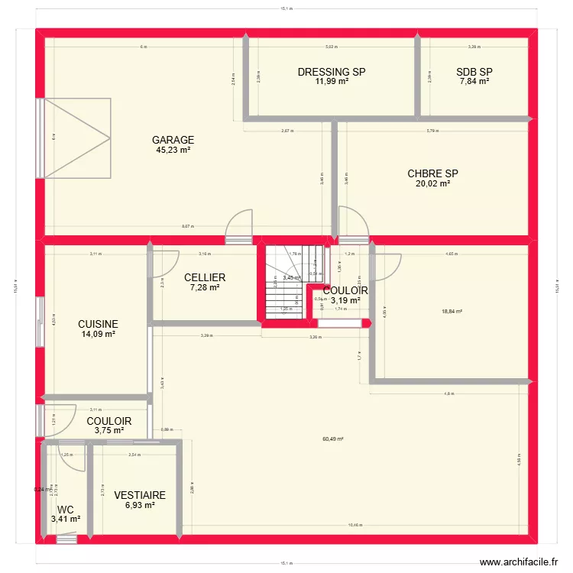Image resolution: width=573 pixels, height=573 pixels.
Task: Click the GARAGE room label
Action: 173,141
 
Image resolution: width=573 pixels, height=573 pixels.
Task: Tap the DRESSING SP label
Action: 332,73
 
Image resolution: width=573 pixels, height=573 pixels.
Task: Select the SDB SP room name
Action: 474,73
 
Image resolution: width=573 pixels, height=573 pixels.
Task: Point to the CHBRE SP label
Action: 433,173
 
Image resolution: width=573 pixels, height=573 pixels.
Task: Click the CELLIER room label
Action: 205,277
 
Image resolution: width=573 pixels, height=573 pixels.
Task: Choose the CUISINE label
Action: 99,324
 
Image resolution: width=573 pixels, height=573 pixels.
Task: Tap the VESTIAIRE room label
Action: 140,496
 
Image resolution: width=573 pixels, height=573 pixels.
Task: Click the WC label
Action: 66,510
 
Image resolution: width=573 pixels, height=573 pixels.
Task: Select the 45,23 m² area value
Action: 173,151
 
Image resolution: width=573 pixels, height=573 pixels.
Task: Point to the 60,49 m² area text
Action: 332,439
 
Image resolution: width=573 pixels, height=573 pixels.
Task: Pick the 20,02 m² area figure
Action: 433,183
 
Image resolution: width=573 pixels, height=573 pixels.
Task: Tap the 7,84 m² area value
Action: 474,82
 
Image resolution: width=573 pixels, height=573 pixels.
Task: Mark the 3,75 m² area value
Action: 108,431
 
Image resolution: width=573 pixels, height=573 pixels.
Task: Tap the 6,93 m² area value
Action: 140,506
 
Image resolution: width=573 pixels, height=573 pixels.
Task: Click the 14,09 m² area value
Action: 99,334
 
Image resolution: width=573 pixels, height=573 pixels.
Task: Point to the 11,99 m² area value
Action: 332,82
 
